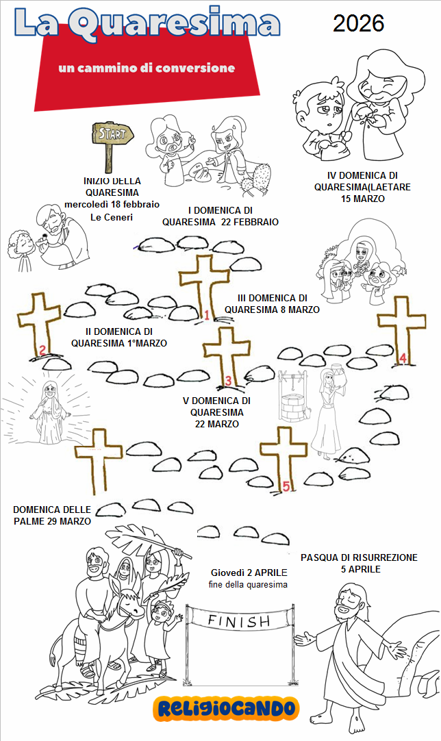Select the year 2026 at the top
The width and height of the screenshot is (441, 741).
click(358, 23)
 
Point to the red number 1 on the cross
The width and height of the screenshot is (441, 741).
click(205, 316)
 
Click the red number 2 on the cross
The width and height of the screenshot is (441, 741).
click(42, 351)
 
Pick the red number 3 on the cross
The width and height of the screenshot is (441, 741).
click(229, 381)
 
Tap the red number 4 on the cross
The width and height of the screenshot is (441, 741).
click(403, 357)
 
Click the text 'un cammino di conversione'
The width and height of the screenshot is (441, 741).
click(147, 68)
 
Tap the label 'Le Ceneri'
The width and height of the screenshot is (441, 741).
click(111, 217)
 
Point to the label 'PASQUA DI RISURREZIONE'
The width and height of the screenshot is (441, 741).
click(359, 558)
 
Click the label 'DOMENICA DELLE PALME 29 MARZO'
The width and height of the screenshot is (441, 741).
click(51, 516)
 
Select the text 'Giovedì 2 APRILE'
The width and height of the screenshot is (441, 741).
click(249, 573)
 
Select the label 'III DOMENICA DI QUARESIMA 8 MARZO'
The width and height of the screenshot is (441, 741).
click(272, 303)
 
